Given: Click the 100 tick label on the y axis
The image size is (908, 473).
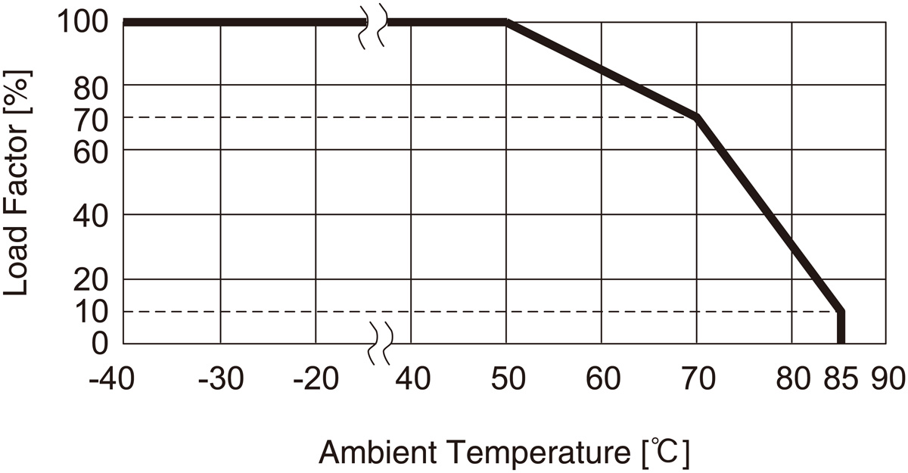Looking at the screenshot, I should (x=82, y=22).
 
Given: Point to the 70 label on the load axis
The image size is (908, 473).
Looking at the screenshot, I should (x=92, y=117).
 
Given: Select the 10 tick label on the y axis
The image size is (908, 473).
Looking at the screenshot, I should (x=92, y=311).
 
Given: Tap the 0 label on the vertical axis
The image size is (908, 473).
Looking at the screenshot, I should (x=101, y=343).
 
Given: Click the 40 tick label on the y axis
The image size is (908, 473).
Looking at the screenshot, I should (x=92, y=214).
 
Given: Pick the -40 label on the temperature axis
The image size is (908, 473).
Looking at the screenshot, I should (x=113, y=378).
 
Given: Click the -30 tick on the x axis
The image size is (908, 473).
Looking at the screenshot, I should (x=220, y=378).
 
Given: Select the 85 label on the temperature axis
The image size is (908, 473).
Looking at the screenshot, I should (x=841, y=378).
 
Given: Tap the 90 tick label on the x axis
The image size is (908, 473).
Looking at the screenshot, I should (x=888, y=378).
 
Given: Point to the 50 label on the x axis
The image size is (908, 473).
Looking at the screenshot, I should (x=507, y=378).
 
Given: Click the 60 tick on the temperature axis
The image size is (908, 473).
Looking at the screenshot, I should (x=602, y=378).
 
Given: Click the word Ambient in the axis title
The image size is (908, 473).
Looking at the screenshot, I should (x=377, y=453).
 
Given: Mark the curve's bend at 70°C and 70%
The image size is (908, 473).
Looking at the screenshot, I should (x=696, y=117).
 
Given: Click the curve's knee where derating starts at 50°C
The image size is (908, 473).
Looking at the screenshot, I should (x=507, y=23).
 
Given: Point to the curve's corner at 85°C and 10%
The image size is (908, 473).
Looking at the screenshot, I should (x=840, y=311).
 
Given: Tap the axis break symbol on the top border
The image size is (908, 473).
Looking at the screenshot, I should (x=373, y=27).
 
